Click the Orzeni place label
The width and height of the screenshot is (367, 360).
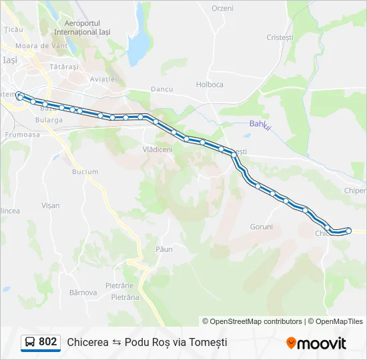pyautogui.click(x=222, y=8)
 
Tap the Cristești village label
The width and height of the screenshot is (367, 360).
pyautogui.click(x=280, y=37)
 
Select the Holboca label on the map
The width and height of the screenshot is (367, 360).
pyautogui.click(x=210, y=84)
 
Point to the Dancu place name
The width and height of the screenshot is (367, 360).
pyautogui.click(x=161, y=88)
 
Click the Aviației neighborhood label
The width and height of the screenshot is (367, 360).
pyautogui.click(x=103, y=79)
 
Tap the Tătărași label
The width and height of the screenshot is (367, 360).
pyautogui.click(x=64, y=67)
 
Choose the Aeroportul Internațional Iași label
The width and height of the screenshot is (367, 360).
pyautogui.click(x=82, y=27)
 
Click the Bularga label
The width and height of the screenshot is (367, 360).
pyautogui.click(x=51, y=120)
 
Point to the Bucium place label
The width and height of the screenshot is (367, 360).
pyautogui.click(x=85, y=171)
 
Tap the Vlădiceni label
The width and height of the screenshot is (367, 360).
pyautogui.click(x=157, y=149)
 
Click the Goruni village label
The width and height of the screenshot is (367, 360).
pyautogui.click(x=261, y=227)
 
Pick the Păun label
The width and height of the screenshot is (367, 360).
pyautogui.click(x=163, y=249)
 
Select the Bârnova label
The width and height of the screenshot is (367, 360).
pyautogui.click(x=83, y=292)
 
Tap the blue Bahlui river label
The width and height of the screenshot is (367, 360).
pyautogui.click(x=260, y=124)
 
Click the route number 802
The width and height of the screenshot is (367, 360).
pyautogui.click(x=47, y=342)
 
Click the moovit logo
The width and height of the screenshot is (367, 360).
pyautogui.click(x=316, y=343)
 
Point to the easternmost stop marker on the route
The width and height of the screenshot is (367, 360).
pyautogui.click(x=348, y=231)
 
